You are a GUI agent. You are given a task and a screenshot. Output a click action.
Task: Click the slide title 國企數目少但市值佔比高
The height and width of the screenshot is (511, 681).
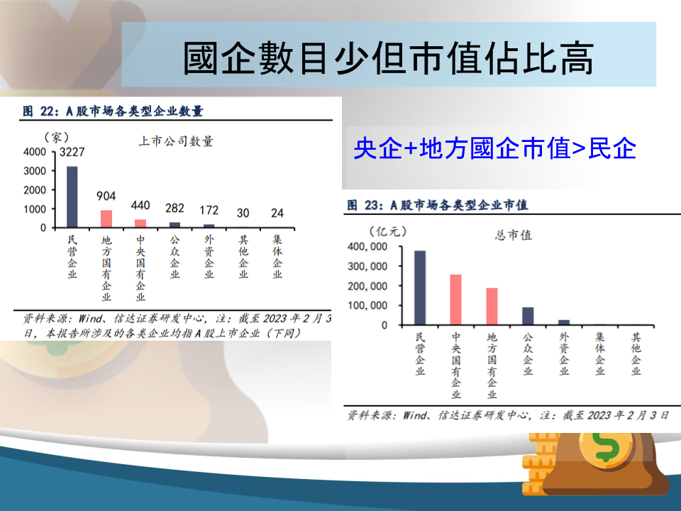tap(388, 58)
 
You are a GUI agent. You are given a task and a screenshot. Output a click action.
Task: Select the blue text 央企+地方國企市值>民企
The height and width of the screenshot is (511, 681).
tap(494, 148)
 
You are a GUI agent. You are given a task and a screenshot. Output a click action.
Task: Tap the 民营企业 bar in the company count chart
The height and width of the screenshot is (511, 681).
tap(72, 197)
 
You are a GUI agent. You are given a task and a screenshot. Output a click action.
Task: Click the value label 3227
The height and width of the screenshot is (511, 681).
tap(72, 152)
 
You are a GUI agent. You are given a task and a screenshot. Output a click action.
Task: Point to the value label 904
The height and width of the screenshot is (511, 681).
tap(106, 196)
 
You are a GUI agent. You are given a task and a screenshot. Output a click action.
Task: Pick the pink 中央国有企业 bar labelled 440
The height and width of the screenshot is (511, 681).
tap(140, 224)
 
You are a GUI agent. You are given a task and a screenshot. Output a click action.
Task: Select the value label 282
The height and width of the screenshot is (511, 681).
tap(175, 208)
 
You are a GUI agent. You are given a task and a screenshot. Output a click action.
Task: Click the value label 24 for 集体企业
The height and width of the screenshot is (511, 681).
tap(277, 213)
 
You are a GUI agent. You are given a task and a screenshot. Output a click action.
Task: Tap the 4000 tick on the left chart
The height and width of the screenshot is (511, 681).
tap(35, 152)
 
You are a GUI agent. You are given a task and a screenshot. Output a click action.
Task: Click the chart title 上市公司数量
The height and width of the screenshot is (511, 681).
tap(176, 141)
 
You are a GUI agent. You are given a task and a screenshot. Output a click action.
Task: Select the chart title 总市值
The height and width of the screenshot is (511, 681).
tap(514, 235)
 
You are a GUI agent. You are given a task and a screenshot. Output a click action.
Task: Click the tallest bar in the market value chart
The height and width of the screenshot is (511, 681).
tap(420, 287)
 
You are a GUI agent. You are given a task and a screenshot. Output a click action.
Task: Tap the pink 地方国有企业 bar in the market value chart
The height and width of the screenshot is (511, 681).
tap(492, 307)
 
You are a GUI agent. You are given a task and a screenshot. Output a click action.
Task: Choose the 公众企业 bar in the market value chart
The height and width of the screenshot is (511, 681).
tap(528, 316)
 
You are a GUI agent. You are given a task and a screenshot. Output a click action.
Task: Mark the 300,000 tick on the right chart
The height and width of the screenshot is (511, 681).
tap(367, 266)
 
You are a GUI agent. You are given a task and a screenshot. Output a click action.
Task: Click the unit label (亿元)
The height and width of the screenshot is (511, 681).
tap(388, 231)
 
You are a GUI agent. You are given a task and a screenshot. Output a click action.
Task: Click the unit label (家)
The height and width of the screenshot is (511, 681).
tap(57, 137)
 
